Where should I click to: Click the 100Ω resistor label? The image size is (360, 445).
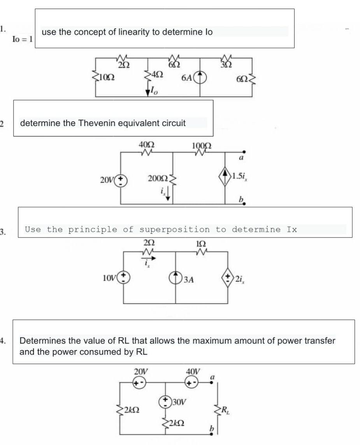pyautogui.click(x=202, y=146)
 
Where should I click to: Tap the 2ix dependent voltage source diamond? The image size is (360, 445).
pyautogui.click(x=227, y=278)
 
